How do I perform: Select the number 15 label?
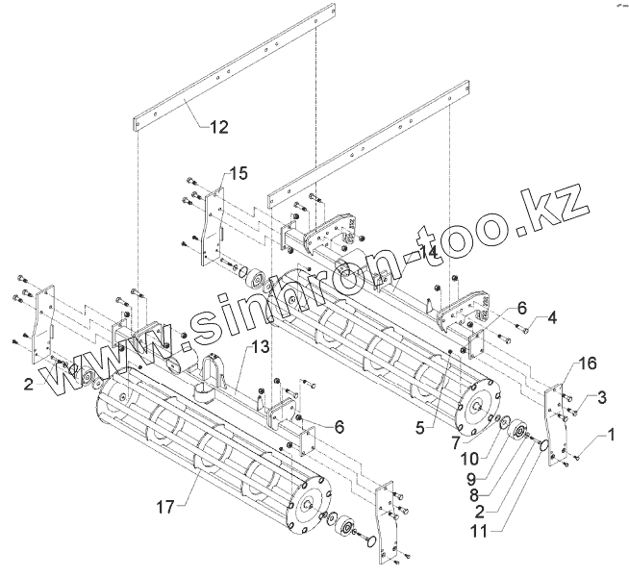click(238, 173)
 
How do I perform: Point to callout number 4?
click(551, 317)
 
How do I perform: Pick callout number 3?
click(600, 396)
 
